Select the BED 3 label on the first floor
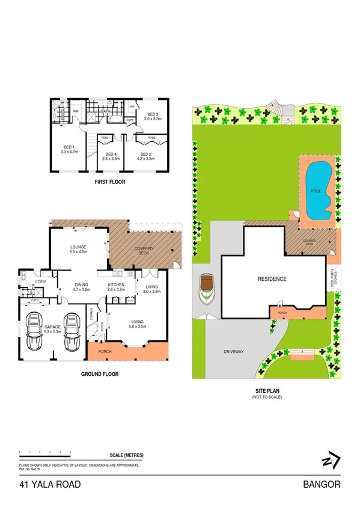pyautogui.click(x=152, y=114)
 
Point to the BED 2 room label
pyautogui.click(x=145, y=155)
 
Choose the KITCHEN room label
pyautogui.click(x=116, y=284)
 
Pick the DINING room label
pyautogui.click(x=81, y=284)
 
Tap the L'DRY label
pyautogui.click(x=41, y=281)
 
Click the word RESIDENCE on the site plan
pyautogui.click(x=272, y=279)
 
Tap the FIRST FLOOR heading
pyautogui.click(x=110, y=181)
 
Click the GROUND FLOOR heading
pyautogui.click(x=100, y=374)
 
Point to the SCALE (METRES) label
pyautogui.click(x=127, y=455)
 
